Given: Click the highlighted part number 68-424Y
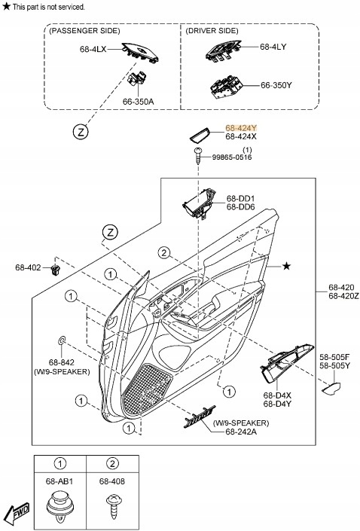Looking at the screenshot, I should point(241,129).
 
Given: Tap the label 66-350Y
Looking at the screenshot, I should point(276,85).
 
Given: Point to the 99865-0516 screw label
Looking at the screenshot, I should point(231,157).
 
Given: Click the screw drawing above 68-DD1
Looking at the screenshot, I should point(197,154).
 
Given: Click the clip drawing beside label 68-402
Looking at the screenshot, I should point(55,268).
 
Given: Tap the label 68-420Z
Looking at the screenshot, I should point(343,296).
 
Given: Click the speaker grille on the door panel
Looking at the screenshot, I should point(146,387).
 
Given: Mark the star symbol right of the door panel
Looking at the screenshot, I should point(286,266).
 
